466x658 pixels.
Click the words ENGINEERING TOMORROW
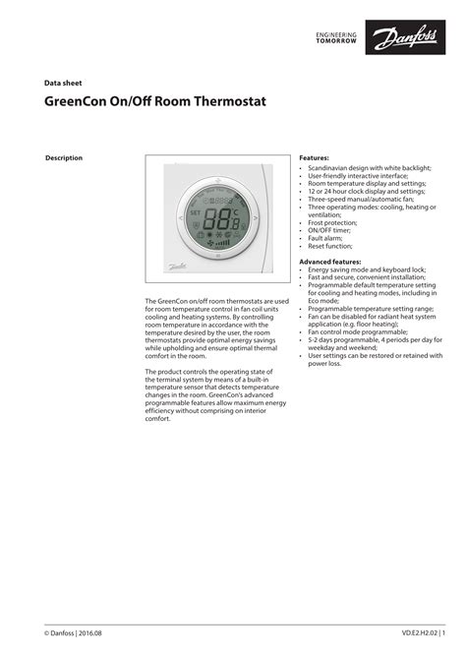pos(337,39)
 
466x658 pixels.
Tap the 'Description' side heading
pos(65,158)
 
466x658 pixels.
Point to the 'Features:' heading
pos(314,157)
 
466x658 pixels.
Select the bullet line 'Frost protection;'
pos(332,222)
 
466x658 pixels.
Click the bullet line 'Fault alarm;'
pos(325,238)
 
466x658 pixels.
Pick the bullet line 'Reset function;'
pos(330,246)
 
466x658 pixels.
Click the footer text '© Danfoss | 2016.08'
pos(74,632)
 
